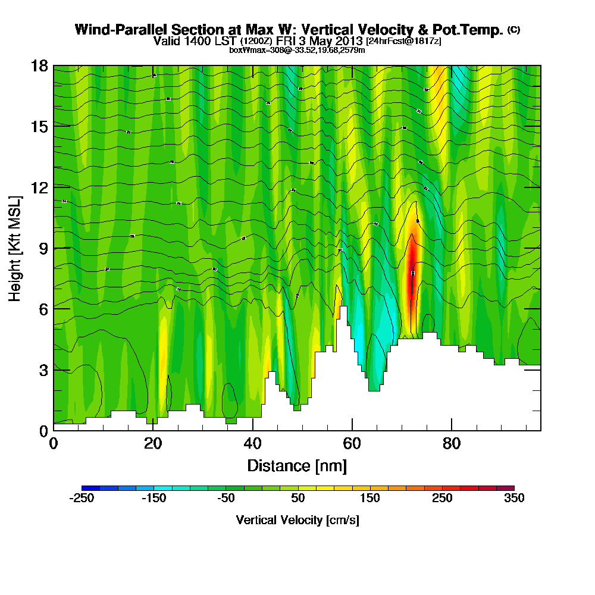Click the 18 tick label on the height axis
point(40,65)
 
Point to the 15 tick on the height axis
point(40,126)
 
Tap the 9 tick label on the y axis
point(43,248)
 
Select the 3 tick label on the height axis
point(43,369)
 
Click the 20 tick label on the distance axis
point(153,444)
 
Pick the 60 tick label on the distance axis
point(352,444)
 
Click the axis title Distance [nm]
point(297,465)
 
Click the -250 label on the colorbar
point(82,499)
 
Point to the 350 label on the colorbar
point(513,499)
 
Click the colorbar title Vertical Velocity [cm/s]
point(297,520)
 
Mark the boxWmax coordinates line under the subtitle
point(297,50)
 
